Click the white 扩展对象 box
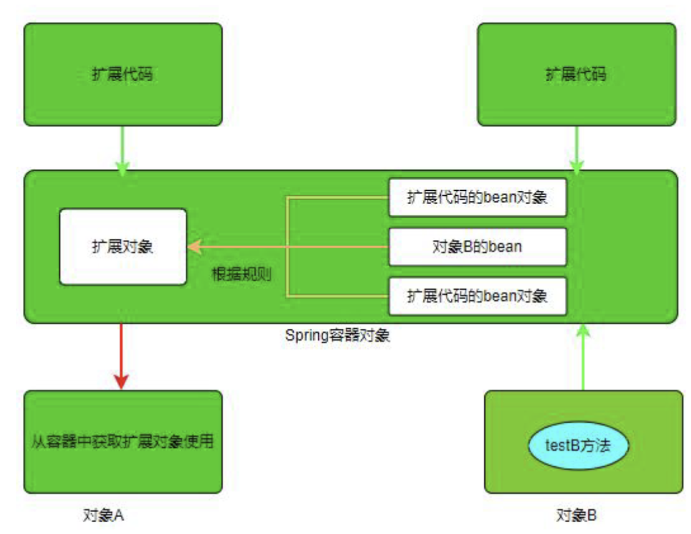coord(123,247)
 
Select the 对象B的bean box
coord(478,247)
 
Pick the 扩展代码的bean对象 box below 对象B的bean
coord(478,296)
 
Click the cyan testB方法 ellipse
coord(578,446)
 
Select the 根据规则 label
coord(241,274)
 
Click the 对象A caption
coord(103,514)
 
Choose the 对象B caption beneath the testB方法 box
coord(577,514)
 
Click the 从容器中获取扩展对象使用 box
coord(123,441)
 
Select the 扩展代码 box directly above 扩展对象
coord(123,75)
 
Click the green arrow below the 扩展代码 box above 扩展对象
coord(122,148)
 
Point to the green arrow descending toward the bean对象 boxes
coord(576,148)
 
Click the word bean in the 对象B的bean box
coord(505,247)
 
